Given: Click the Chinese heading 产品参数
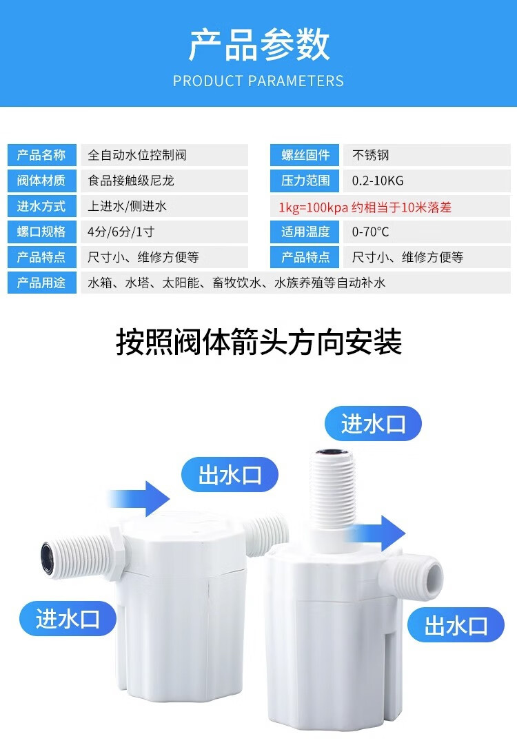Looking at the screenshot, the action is [x=258, y=45].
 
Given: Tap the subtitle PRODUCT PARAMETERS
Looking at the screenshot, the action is [x=258, y=81].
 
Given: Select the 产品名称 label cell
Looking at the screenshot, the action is [x=42, y=155].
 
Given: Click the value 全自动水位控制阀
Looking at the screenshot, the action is [x=137, y=155].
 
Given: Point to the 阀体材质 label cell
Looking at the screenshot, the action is [x=42, y=181].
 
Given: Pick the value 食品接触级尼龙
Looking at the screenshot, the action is [x=131, y=181].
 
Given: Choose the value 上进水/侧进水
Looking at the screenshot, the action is [x=127, y=206].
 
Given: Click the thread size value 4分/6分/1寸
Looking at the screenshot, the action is [x=121, y=232].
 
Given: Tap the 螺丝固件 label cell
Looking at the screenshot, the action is [x=305, y=155].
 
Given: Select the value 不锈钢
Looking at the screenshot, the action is [x=370, y=155].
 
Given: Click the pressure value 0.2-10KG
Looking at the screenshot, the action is [x=378, y=181].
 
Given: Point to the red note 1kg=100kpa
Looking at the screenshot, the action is [x=313, y=207].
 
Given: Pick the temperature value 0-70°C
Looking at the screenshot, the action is [x=370, y=232].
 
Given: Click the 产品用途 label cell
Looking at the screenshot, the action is [x=42, y=283].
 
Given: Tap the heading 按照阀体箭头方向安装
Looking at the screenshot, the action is [x=258, y=342].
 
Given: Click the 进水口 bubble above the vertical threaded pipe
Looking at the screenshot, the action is [x=373, y=424].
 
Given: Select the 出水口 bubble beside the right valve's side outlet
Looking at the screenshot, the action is [x=456, y=624].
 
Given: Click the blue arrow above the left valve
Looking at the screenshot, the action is [x=139, y=499].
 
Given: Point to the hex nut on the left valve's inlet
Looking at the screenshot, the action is [x=118, y=551].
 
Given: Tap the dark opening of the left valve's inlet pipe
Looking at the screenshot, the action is [x=47, y=558].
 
